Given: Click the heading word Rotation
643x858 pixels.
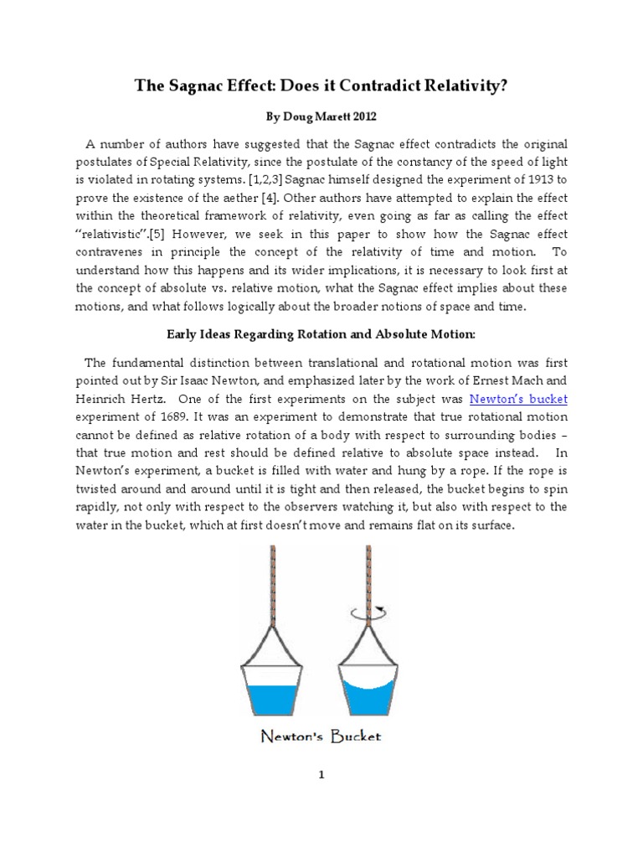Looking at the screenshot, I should (333, 333).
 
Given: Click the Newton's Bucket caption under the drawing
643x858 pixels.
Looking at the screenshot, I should (321, 737).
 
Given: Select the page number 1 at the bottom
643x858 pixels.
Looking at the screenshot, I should (321, 775).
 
